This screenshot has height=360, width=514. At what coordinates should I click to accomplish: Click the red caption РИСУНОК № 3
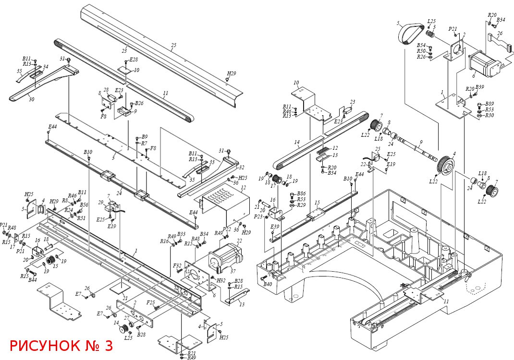pos(61,346)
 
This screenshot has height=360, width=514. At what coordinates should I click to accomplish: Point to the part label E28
pos(133,60)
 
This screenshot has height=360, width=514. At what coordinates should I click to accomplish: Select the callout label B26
pos(139,103)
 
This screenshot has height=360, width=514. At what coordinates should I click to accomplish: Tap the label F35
pos(150,303)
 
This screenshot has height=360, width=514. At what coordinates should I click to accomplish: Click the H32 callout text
pos(221,280)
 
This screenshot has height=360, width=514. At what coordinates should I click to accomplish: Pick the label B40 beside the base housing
pos(268,284)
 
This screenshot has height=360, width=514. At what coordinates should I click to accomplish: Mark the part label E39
pos(275,227)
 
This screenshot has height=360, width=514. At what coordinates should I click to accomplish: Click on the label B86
pos(301,193)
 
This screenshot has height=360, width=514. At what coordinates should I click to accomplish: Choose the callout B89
pos(489,104)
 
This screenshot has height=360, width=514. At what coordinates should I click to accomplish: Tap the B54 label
pos(421,45)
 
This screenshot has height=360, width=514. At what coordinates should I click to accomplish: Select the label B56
pos(84,205)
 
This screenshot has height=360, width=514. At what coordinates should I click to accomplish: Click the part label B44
pos(33,280)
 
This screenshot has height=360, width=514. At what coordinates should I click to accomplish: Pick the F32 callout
pos(177,265)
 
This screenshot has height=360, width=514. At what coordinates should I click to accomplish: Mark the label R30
pos(489,115)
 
